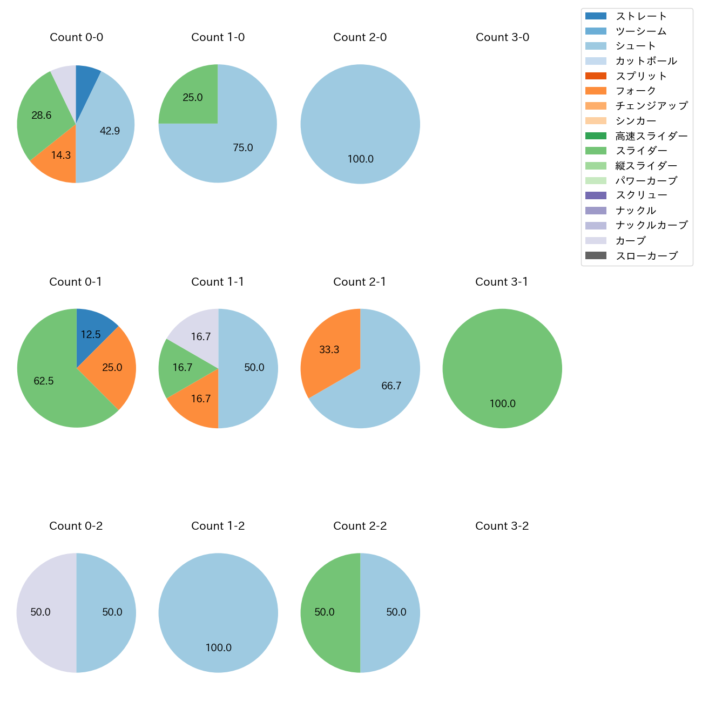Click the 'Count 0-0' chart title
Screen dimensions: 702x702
click(76, 37)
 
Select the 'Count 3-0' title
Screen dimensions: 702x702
click(502, 37)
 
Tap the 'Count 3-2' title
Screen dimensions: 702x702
click(502, 526)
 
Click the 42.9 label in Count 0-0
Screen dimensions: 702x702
click(110, 131)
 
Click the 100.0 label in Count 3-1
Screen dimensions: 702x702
click(502, 403)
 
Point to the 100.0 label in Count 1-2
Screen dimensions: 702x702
click(218, 647)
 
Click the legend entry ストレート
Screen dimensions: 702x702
click(641, 16)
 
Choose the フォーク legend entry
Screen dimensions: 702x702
click(636, 91)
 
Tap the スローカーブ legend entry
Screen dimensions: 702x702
click(646, 256)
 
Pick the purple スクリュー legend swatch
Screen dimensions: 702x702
click(596, 195)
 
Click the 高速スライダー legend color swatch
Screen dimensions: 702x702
click(596, 136)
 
